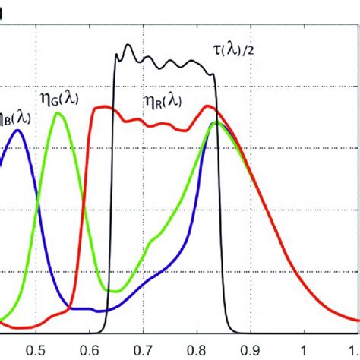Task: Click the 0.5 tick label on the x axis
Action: click(35, 351)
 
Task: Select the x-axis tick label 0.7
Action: click(143, 351)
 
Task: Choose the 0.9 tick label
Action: click(251, 351)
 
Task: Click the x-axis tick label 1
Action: click(305, 351)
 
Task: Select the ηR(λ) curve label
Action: click(163, 100)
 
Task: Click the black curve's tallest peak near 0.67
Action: click(128, 45)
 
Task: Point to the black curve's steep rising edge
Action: click(111, 190)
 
